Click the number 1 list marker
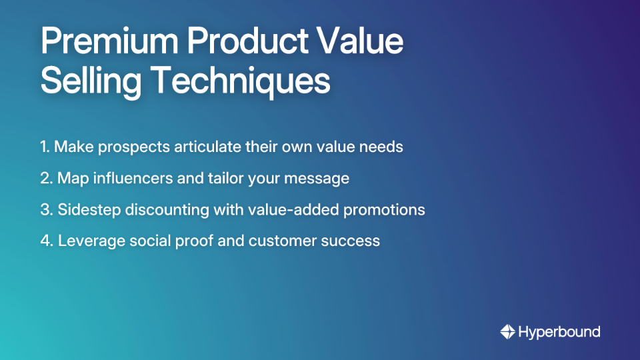point(44,147)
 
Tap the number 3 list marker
point(45,209)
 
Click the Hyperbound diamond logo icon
point(507,331)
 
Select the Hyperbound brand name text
point(559,331)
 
